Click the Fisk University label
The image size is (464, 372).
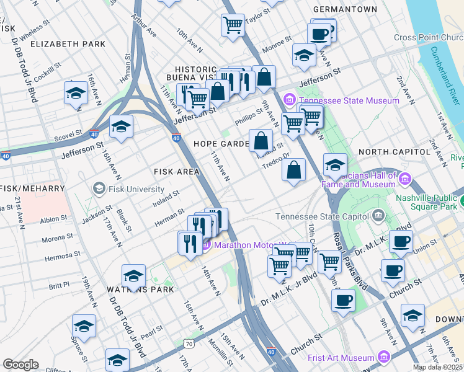tap(136, 189)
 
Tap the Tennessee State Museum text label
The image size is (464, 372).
tap(349, 100)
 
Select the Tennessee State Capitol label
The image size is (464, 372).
tap(321, 216)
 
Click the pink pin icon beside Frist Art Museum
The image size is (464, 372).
tap(383, 358)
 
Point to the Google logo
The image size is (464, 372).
tap(20, 365)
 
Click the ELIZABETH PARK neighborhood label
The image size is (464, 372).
tap(68, 44)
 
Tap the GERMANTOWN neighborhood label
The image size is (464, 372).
tap(345, 9)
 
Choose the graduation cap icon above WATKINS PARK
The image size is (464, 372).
tap(133, 277)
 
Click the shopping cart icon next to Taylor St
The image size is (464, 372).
tap(233, 25)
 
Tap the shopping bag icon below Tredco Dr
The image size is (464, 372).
tap(293, 170)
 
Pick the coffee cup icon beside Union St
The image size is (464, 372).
tap(401, 241)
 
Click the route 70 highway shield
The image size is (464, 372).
tap(188, 343)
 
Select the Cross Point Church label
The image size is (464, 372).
tap(428, 37)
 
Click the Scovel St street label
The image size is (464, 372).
tap(68, 133)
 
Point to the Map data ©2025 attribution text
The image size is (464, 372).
tap(437, 367)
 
